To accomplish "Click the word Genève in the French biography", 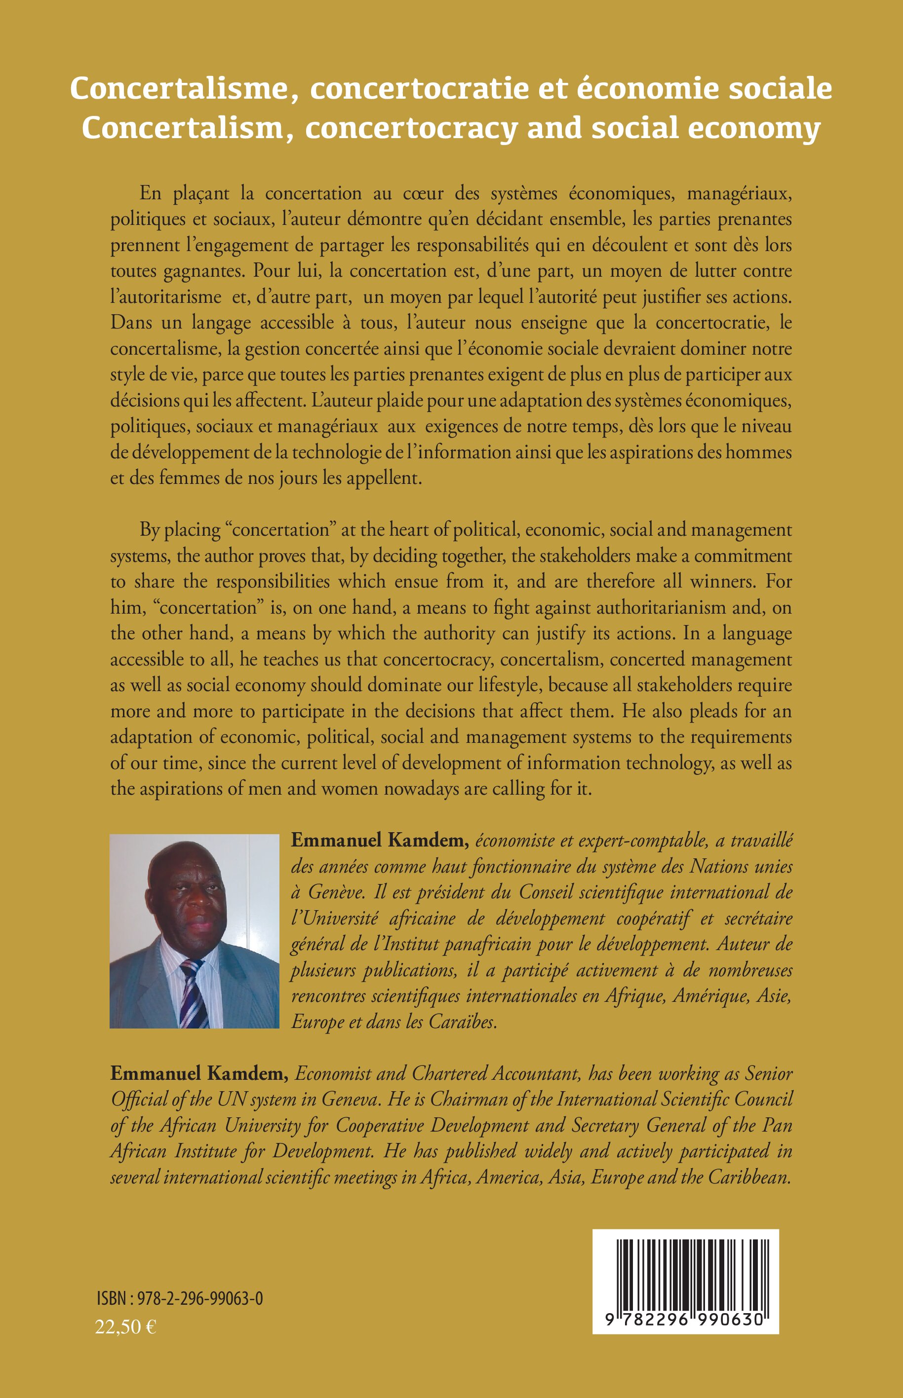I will point(328,892).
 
